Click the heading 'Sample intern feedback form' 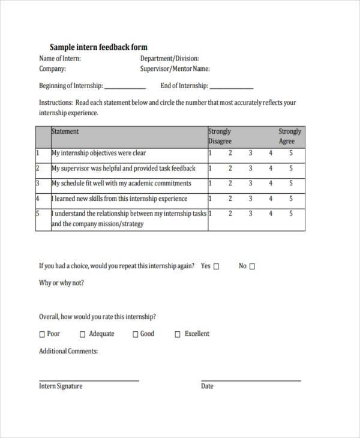(x=98, y=47)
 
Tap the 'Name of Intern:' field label (x=60, y=59)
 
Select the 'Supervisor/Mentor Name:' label (x=175, y=69)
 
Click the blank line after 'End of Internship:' (x=232, y=88)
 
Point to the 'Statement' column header (x=65, y=131)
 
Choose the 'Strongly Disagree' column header (x=220, y=136)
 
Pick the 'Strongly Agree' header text (x=289, y=136)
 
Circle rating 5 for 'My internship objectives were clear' (x=291, y=153)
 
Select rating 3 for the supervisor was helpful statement (x=250, y=169)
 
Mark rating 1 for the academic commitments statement (x=210, y=184)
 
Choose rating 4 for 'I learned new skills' (x=271, y=199)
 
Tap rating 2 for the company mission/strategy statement (x=230, y=214)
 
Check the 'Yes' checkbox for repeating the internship (x=217, y=266)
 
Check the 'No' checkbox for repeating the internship (x=252, y=266)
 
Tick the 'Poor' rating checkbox (x=42, y=334)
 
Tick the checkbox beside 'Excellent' (x=178, y=334)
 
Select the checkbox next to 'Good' (x=135, y=334)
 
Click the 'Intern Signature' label (x=61, y=386)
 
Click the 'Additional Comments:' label (x=68, y=351)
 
